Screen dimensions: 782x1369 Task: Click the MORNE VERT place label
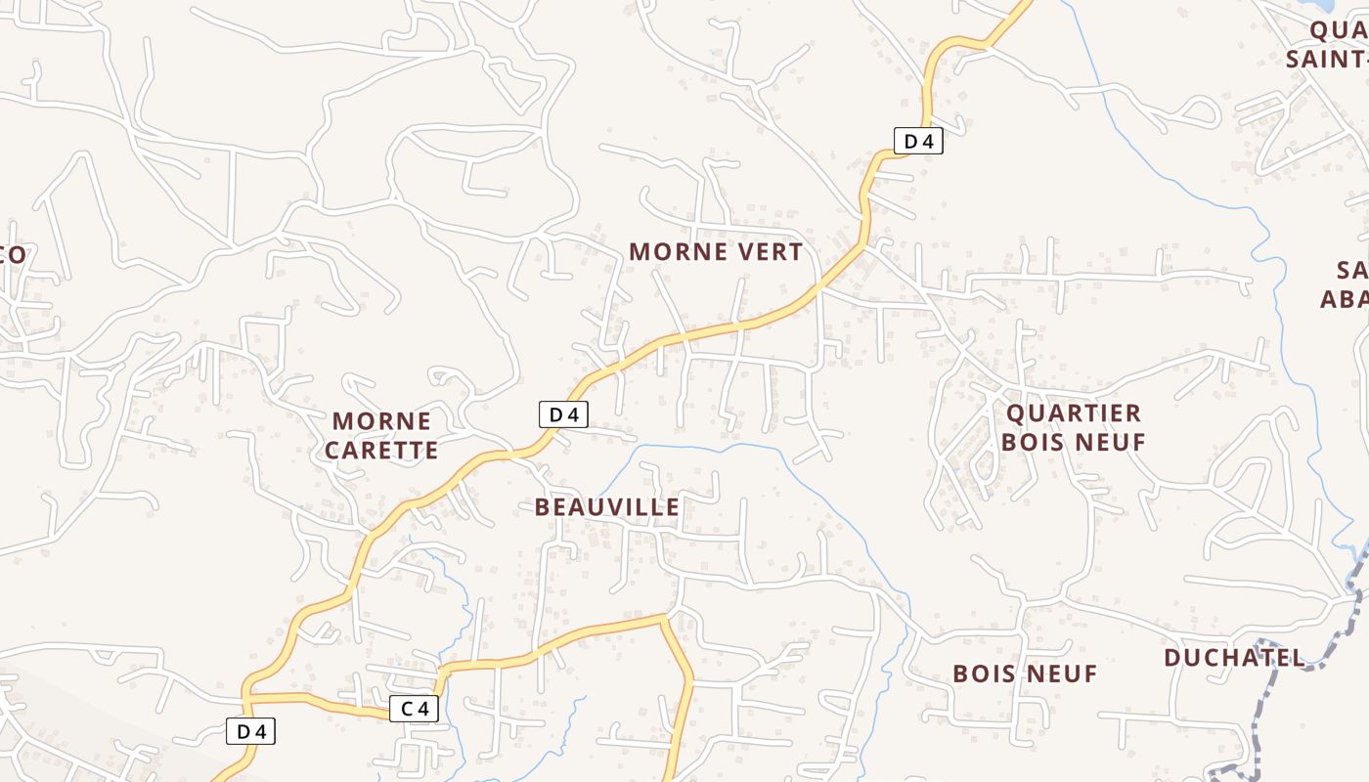(x=716, y=251)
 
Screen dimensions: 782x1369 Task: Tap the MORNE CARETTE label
(x=381, y=436)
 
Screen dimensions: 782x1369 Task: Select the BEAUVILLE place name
(x=607, y=506)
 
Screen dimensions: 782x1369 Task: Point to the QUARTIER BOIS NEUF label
(x=1073, y=428)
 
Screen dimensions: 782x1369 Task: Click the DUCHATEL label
(x=1234, y=658)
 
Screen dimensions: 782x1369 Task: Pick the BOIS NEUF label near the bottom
(x=1025, y=673)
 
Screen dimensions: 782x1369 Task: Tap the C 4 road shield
(x=414, y=709)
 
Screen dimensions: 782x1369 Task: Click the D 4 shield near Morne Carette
(x=563, y=414)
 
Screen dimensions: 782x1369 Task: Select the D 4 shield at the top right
(x=918, y=141)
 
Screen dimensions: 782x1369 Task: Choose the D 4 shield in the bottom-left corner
(x=251, y=730)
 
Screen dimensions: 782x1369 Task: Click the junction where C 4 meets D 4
(x=248, y=697)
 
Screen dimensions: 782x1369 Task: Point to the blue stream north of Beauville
(x=704, y=448)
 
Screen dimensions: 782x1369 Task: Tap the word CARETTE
(x=381, y=450)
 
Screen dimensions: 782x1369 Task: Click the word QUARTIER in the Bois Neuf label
(x=1073, y=413)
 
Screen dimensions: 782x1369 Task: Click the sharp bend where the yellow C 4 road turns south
(x=664, y=618)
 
